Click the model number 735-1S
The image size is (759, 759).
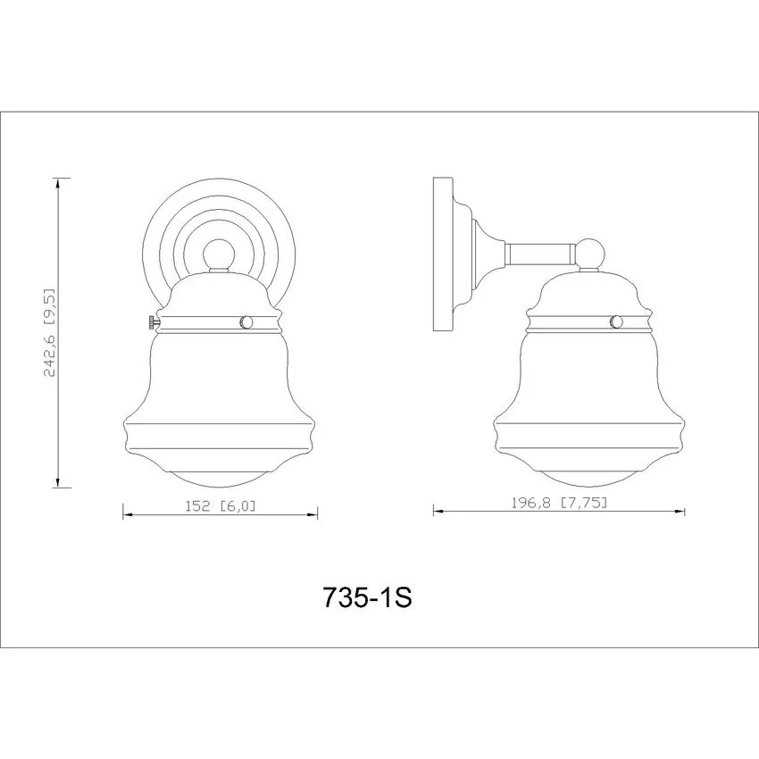click(367, 596)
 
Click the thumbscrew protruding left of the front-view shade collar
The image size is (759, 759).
click(154, 321)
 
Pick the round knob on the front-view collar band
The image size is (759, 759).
click(246, 322)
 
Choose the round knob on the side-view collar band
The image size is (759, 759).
click(616, 321)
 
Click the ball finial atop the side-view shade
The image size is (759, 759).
click(589, 254)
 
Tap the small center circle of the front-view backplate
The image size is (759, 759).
click(218, 255)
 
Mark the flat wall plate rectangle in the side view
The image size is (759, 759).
click(442, 254)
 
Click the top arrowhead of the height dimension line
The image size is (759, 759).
click(59, 183)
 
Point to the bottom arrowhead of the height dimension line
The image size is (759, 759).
click(58, 481)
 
